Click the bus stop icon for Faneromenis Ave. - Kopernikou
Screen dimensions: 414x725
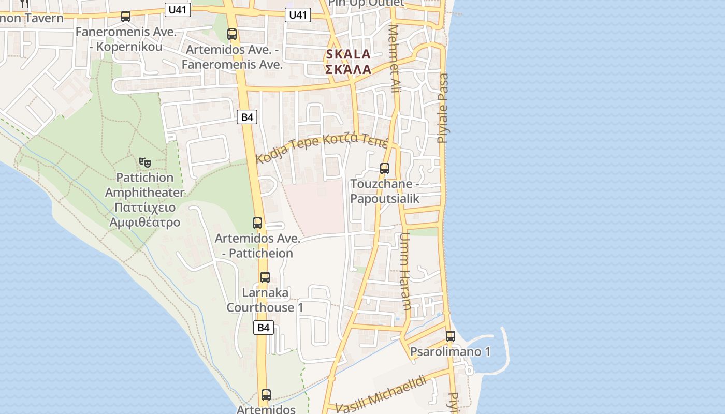coord(126,17)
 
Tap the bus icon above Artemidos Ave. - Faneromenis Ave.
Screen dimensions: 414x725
coord(232,34)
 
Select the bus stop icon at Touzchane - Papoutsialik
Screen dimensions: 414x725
coord(384,169)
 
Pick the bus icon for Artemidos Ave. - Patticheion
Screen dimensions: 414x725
coord(257,223)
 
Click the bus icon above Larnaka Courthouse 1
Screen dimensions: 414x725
coord(265,277)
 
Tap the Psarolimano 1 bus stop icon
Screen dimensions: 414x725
coord(451,336)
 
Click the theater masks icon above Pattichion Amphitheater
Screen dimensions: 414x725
coord(145,162)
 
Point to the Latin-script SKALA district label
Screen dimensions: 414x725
coord(348,54)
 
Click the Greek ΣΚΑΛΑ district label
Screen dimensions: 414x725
coord(348,69)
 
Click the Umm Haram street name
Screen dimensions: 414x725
coord(405,271)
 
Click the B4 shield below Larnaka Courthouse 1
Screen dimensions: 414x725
coord(264,327)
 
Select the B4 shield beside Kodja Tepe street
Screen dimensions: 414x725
coord(248,117)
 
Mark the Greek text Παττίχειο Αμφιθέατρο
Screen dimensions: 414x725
coord(144,215)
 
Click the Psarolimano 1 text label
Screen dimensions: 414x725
coord(450,352)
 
